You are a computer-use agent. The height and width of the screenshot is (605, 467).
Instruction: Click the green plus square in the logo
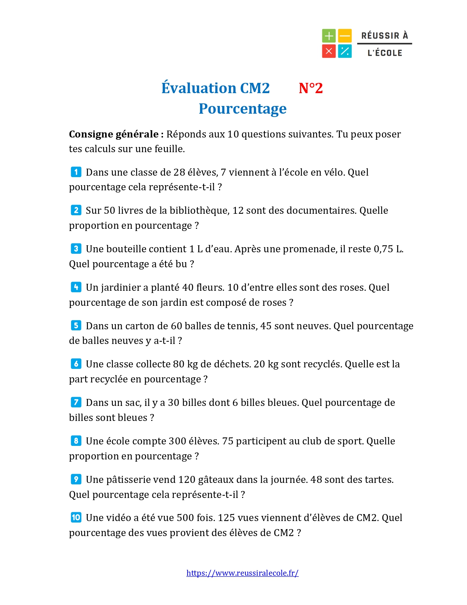pos(329,36)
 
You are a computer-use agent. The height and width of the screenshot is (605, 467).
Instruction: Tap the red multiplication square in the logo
pos(329,51)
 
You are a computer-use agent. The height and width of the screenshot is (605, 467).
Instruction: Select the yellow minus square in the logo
pos(345,36)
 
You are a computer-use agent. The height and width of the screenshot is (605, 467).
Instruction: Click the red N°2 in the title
pos(311,88)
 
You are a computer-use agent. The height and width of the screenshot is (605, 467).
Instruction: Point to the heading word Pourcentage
pos(242,109)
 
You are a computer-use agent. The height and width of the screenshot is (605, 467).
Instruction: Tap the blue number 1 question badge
pos(76,172)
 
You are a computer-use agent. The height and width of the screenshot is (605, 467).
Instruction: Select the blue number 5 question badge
pos(76,326)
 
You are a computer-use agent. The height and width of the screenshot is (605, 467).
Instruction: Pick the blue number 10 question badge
pos(76,517)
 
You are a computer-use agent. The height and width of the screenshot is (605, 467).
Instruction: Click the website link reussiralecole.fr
pos(242,573)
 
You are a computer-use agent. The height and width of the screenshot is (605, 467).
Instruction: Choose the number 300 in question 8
pos(177,441)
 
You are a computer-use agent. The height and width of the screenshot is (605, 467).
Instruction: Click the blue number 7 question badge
pos(76,402)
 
